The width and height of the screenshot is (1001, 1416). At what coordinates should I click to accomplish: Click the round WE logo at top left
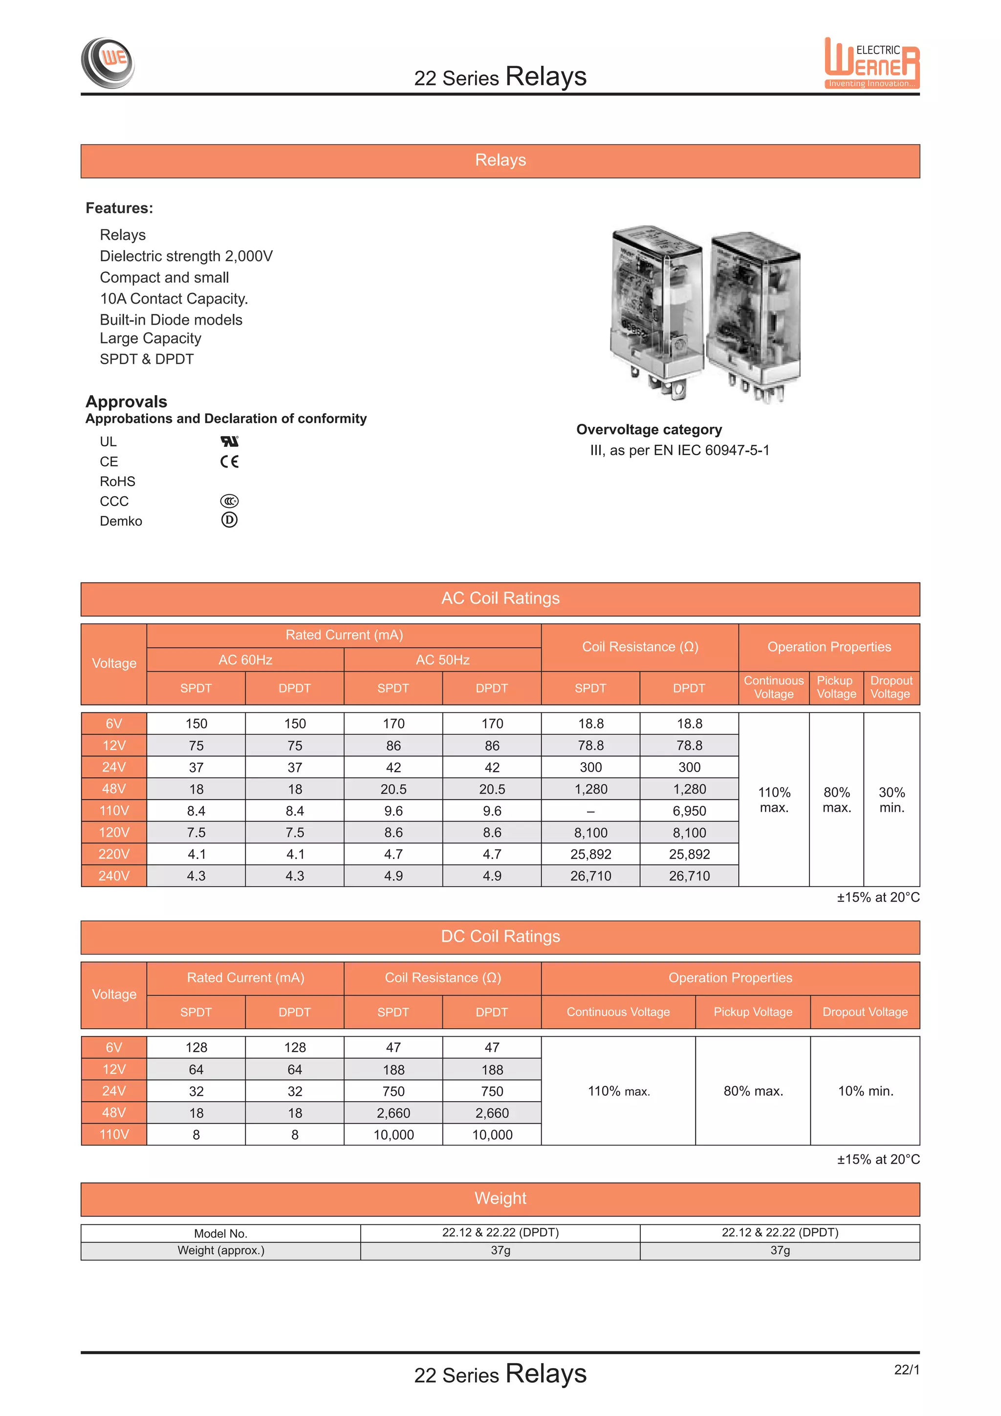[108, 62]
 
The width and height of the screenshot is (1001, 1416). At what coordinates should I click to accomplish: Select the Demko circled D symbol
[229, 520]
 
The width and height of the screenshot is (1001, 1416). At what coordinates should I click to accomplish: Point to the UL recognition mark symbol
[229, 441]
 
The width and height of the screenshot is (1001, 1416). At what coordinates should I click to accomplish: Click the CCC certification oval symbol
[229, 501]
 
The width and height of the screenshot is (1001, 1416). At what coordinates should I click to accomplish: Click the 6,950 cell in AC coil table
[689, 811]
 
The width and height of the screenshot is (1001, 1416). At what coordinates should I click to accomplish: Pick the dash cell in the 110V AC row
[590, 811]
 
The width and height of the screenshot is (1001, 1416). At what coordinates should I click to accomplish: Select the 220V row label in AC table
[114, 854]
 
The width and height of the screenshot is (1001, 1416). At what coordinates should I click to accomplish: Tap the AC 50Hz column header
[442, 660]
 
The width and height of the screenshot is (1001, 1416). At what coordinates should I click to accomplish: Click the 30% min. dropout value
[892, 800]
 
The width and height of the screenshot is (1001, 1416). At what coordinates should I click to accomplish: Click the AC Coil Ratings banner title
[500, 598]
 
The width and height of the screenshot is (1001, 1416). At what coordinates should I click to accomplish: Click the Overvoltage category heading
[649, 429]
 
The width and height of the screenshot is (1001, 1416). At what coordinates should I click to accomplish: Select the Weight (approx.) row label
[220, 1250]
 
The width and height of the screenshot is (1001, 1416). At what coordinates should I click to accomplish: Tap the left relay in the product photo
[656, 309]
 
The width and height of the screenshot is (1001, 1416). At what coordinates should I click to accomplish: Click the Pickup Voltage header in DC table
[753, 1012]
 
